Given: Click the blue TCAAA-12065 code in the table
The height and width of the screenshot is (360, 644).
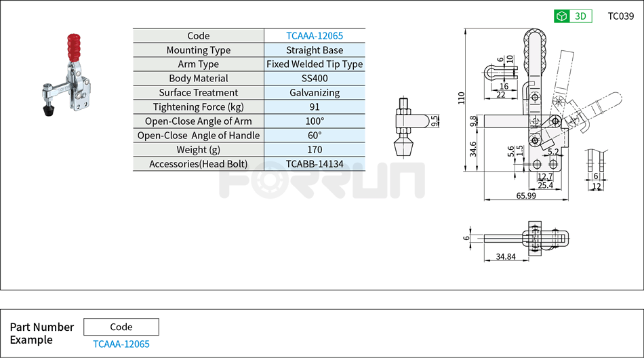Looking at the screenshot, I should pos(315,36).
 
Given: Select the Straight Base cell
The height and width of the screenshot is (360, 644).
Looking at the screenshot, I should pos(315,50).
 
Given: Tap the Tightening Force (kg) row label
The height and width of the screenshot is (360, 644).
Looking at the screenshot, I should pos(198,107).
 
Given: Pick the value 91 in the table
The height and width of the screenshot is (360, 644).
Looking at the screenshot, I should pos(315,107).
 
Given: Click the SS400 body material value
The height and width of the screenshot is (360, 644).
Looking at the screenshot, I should pos(315,79).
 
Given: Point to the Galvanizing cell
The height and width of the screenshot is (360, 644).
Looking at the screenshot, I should pos(315,93).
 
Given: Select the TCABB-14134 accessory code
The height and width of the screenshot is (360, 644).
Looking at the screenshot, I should pos(315,164).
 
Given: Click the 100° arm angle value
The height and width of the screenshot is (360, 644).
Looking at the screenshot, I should pos(315,121).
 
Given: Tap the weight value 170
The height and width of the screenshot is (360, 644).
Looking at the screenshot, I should pos(315,150).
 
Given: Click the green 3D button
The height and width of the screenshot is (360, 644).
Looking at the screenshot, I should pos(573,16).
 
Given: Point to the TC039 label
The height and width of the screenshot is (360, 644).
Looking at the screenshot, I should pos(620,16).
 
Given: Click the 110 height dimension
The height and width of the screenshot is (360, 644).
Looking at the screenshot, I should pos(462,98).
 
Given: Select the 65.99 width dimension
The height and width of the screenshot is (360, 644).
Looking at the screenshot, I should pos(526,196).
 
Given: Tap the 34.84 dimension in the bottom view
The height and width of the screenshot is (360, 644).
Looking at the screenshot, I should pos(505,257).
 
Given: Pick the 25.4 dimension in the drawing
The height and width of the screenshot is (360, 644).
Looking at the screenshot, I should pos(545,185).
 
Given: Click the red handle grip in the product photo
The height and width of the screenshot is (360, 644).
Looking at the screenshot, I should pos(73,47).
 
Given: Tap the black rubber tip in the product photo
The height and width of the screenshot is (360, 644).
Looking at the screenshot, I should pos(48,111).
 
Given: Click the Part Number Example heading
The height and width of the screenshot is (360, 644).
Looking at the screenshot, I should pos(41,333).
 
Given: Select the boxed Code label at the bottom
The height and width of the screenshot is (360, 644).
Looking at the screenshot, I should pos(121,327).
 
